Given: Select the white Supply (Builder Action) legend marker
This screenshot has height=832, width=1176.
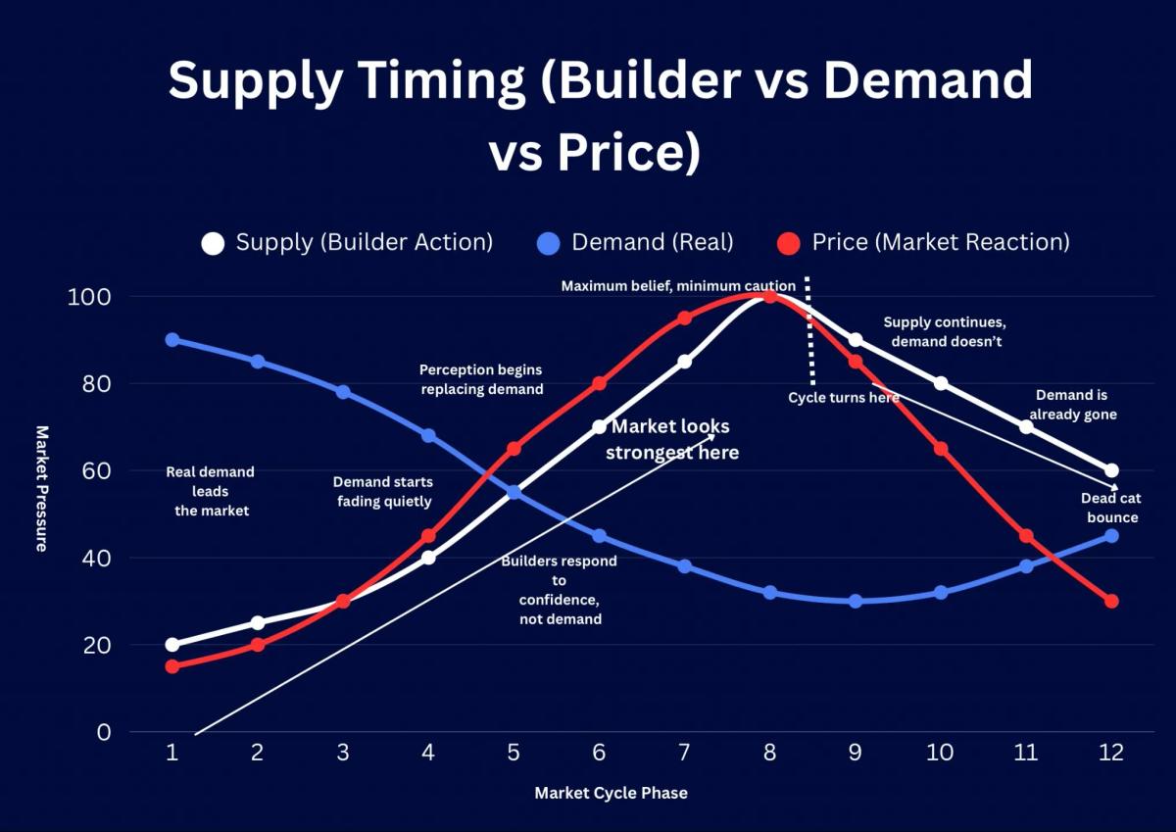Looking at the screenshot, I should [x=212, y=242].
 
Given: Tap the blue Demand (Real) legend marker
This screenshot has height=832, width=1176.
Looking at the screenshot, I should [x=548, y=242].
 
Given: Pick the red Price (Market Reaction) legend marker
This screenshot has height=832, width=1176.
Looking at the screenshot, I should [x=787, y=242].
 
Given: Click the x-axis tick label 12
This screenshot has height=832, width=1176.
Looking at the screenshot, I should [x=1111, y=753].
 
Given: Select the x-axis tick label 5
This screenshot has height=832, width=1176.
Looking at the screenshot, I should [x=514, y=753].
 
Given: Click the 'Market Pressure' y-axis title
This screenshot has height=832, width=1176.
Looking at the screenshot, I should [x=42, y=488].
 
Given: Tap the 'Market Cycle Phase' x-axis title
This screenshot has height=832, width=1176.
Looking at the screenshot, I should [x=611, y=793].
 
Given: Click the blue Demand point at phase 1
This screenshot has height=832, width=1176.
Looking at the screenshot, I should [x=172, y=340].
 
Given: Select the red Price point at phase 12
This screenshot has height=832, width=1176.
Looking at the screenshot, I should [x=1111, y=601].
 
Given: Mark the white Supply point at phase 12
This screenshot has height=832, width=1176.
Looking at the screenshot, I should [x=1111, y=470].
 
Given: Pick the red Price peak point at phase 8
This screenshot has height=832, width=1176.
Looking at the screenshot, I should [x=770, y=297].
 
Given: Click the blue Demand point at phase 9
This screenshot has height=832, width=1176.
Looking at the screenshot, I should [x=856, y=601].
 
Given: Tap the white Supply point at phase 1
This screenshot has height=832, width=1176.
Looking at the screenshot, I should [x=172, y=645].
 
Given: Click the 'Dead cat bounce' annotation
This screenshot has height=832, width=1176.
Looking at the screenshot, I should [x=1112, y=508].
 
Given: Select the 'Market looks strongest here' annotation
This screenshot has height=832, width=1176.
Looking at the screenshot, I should [x=671, y=440].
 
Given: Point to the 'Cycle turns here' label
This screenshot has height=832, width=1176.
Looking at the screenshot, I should [x=843, y=398].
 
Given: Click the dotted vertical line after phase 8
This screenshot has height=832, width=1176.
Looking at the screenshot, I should [x=809, y=333].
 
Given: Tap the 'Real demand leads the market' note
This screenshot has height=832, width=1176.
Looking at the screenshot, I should [x=210, y=491].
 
